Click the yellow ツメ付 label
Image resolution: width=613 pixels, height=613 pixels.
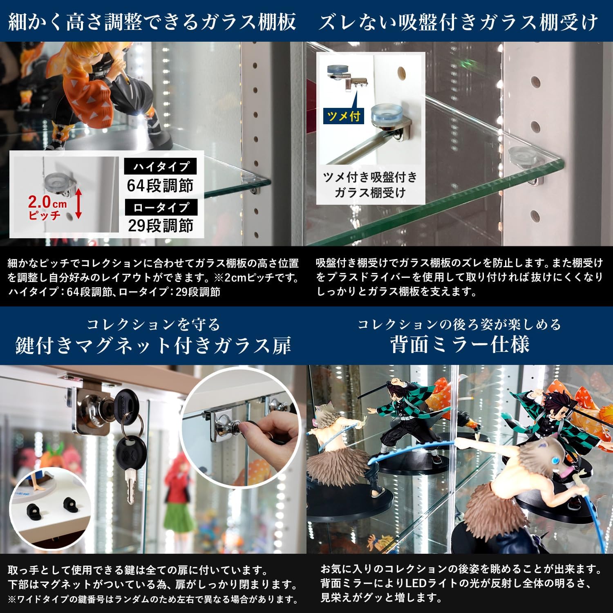tap(343, 116)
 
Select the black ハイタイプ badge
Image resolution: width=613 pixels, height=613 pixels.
tap(160, 166)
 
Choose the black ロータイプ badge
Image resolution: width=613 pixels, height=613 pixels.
tap(161, 207)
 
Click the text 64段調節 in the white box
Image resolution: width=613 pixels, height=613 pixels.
tap(160, 186)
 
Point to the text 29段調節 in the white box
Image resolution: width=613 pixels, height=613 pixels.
tap(161, 225)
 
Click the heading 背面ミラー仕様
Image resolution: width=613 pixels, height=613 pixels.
tap(460, 344)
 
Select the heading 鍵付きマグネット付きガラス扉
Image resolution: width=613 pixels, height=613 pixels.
tap(153, 345)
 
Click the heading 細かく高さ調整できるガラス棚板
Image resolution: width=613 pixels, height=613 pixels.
tap(152, 22)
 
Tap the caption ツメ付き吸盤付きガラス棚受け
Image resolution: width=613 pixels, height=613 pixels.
tap(370, 185)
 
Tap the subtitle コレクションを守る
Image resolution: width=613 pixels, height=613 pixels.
tap(153, 324)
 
